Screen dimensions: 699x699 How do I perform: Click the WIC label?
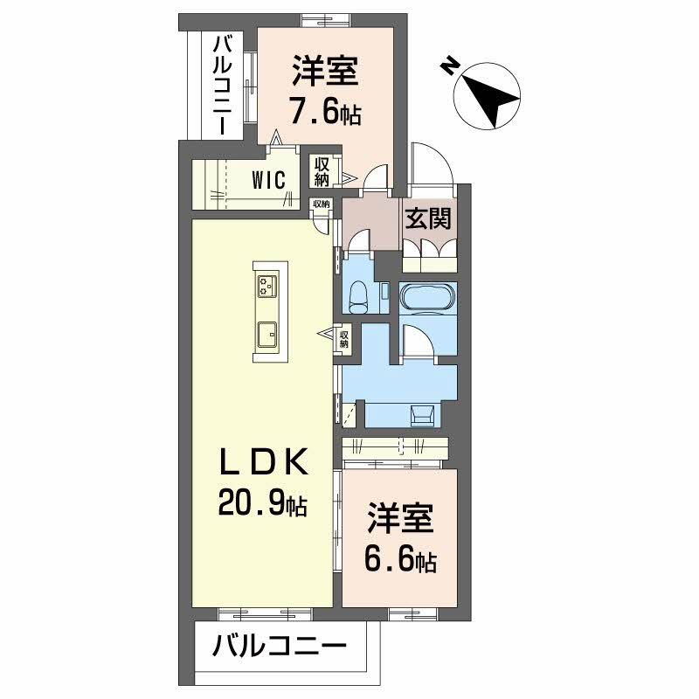pos(267,180)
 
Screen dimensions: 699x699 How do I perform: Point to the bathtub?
pos(427,298)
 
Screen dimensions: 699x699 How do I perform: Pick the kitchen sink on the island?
pos(266,333)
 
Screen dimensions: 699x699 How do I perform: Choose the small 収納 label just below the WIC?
pos(322,204)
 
